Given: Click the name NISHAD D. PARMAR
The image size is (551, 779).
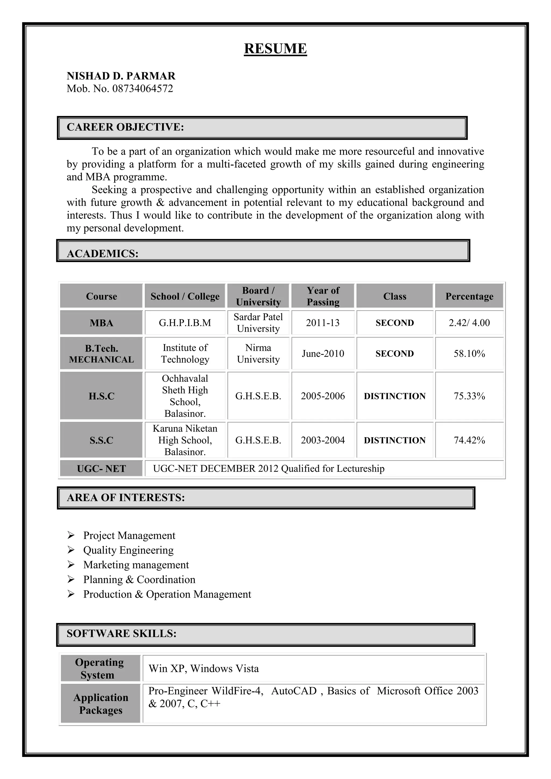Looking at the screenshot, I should point(121,76).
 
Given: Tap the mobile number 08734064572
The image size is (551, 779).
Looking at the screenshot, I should point(143,89).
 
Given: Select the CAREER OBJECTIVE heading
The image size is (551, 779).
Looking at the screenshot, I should point(125,127).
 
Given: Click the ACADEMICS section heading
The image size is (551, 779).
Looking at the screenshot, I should point(103,253).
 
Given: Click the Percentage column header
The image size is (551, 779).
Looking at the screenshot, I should point(469,296).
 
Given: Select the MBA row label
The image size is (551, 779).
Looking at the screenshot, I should point(101,323).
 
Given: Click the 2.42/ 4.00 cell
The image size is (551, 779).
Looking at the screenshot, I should point(469,323).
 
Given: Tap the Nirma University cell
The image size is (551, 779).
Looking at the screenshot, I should point(258,354).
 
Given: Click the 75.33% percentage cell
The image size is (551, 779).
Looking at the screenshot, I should point(469,396).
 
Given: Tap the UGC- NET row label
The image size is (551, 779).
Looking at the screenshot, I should point(101,468).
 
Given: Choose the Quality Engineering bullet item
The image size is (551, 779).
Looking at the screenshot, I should point(128,550).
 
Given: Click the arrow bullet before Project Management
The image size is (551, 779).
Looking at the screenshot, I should point(71,535).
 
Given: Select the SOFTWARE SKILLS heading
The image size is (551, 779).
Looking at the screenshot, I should point(121,633).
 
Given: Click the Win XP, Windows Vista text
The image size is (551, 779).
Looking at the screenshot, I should point(204,668).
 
